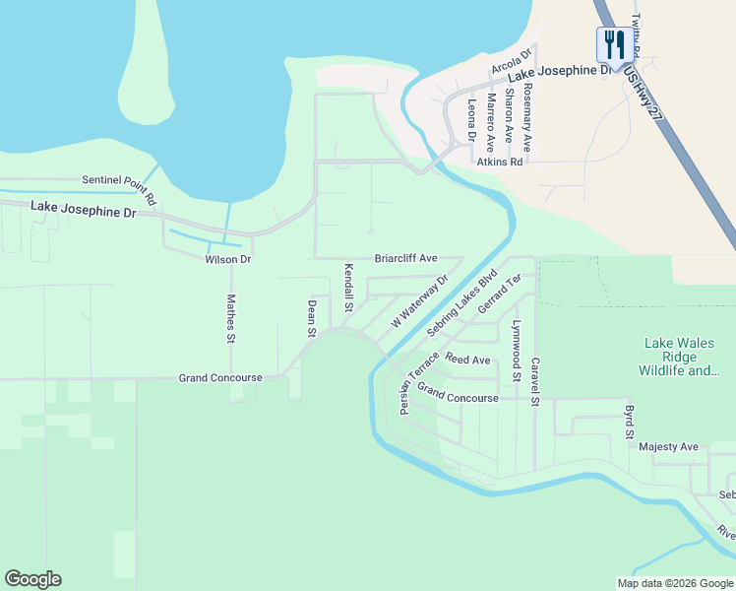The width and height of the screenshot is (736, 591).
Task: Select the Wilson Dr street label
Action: (227, 259)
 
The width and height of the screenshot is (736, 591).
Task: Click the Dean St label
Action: (311, 318)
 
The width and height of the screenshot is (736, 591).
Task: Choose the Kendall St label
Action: (348, 288)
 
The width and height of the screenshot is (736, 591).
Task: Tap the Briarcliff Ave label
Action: (405, 258)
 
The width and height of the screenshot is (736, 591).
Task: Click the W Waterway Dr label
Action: (419, 301)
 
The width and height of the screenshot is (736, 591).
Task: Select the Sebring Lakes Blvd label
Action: (462, 300)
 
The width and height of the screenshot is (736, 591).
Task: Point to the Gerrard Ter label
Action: (498, 296)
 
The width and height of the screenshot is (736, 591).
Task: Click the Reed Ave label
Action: (467, 360)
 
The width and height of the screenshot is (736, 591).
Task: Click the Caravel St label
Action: (535, 381)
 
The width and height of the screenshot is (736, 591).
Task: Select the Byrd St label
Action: (629, 421)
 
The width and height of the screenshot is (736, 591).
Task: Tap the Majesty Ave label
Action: (668, 446)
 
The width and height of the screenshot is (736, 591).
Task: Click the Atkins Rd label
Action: (500, 162)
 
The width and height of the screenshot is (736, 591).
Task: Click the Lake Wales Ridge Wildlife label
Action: (682, 357)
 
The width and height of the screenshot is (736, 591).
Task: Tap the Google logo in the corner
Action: (32, 579)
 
